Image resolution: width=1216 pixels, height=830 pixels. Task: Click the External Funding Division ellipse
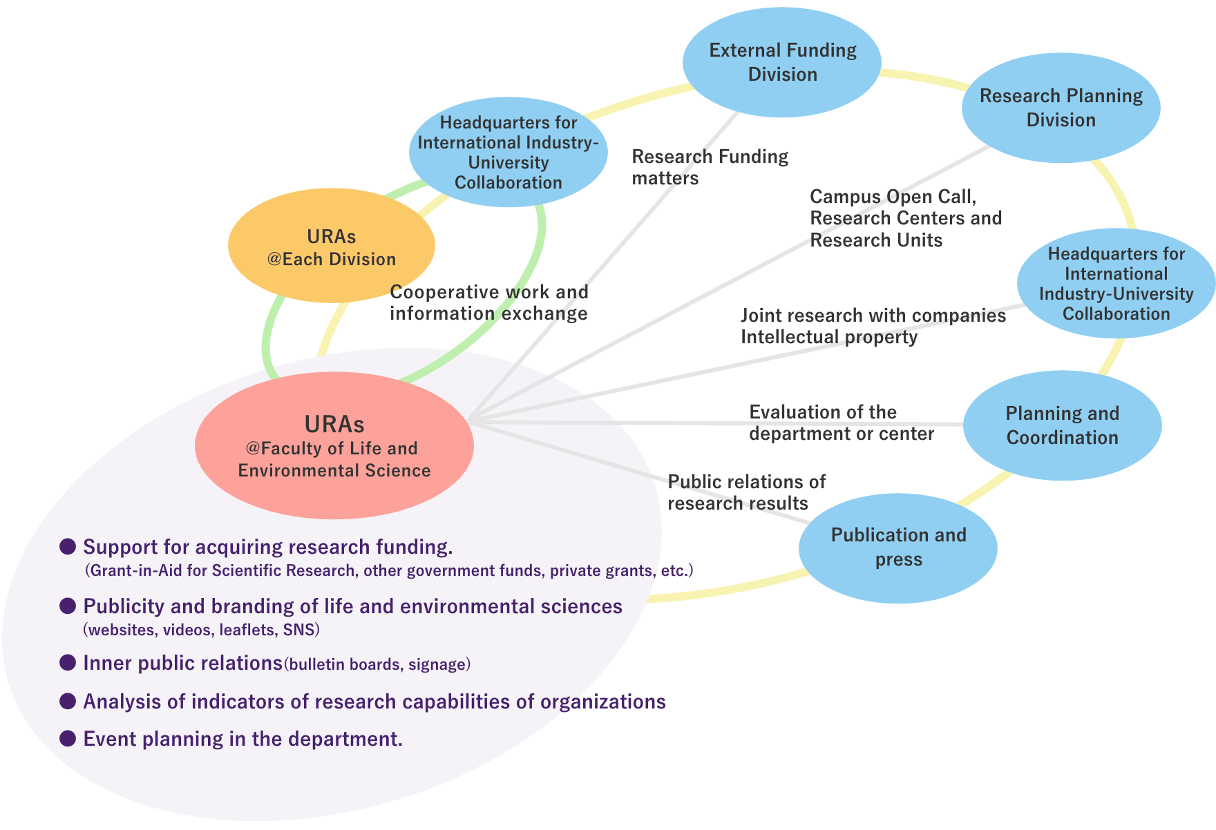point(781,62)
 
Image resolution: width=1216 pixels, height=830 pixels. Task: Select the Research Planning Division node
point(1061,108)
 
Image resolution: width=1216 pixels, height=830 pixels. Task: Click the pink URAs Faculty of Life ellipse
point(334,445)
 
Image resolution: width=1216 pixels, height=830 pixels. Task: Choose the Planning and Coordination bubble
point(1062,425)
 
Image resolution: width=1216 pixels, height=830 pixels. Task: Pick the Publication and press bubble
point(898,548)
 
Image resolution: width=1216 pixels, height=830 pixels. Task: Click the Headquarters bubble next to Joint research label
point(1116,284)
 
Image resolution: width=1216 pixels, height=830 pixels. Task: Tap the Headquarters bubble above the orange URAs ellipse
point(509,153)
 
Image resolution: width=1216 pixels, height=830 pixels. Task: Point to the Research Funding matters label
point(710,167)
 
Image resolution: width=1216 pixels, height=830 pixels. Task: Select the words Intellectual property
point(829,338)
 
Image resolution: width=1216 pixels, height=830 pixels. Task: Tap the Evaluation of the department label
point(841,423)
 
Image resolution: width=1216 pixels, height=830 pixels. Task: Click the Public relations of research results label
point(746,492)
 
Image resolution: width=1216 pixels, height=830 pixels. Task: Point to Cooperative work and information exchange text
point(488,302)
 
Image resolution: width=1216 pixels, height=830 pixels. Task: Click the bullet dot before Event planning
point(68,738)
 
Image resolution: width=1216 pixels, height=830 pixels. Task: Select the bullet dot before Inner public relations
point(68,663)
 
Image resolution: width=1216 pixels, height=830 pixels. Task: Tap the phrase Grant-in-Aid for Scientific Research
point(221,571)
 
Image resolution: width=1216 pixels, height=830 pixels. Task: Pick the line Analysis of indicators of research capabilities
point(374,702)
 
